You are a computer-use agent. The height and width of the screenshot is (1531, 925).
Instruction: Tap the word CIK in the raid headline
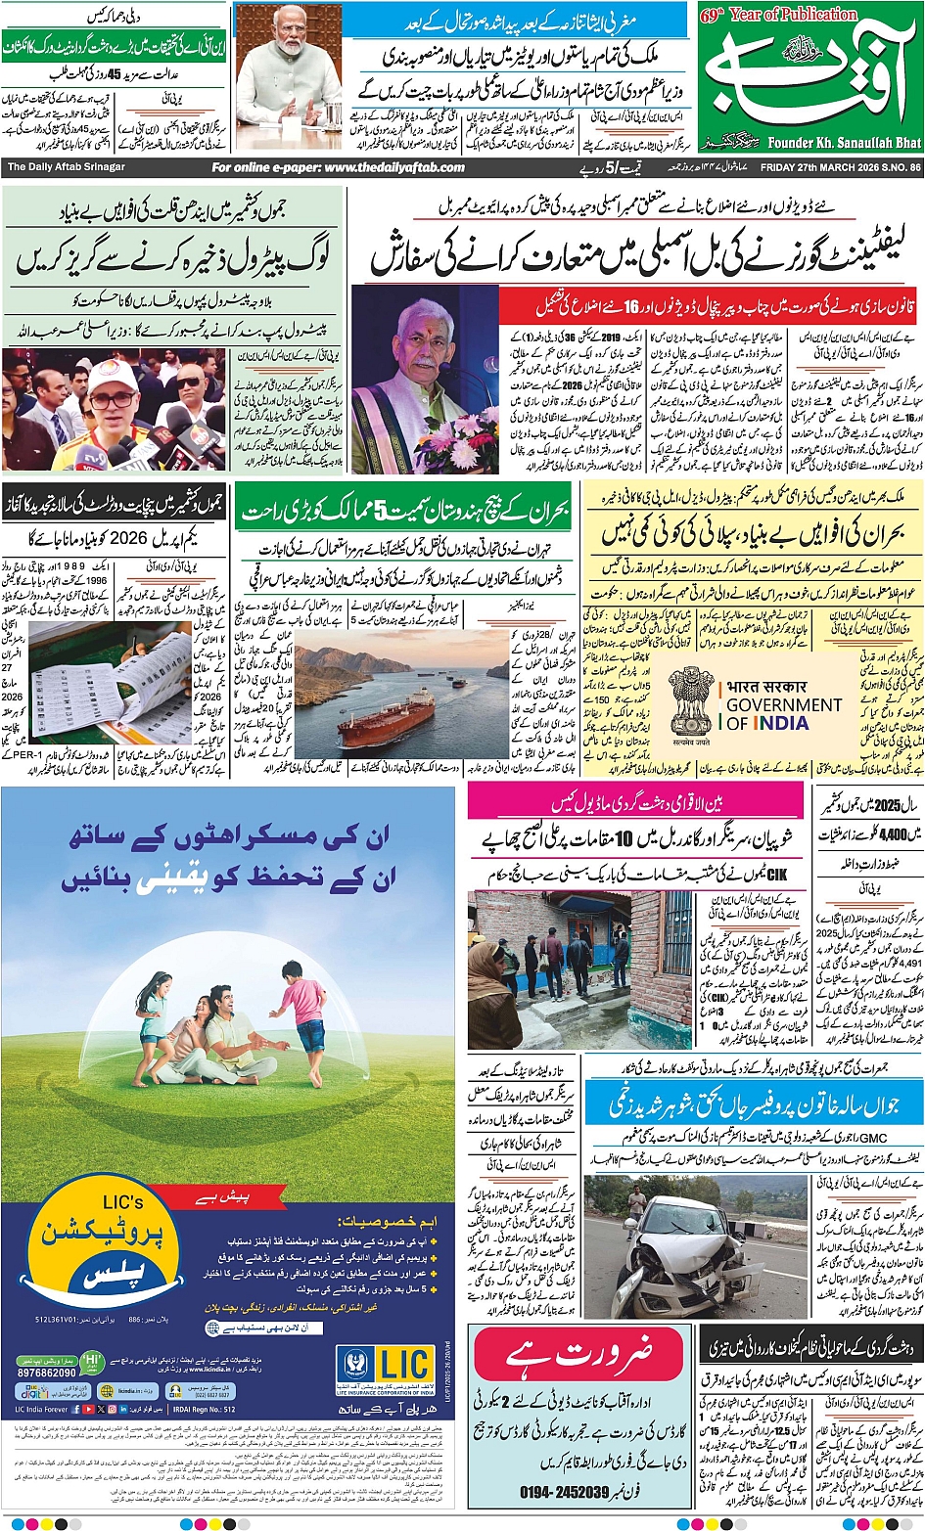click(x=776, y=874)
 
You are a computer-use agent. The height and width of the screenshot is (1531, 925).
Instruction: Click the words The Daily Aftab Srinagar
click(x=67, y=167)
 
